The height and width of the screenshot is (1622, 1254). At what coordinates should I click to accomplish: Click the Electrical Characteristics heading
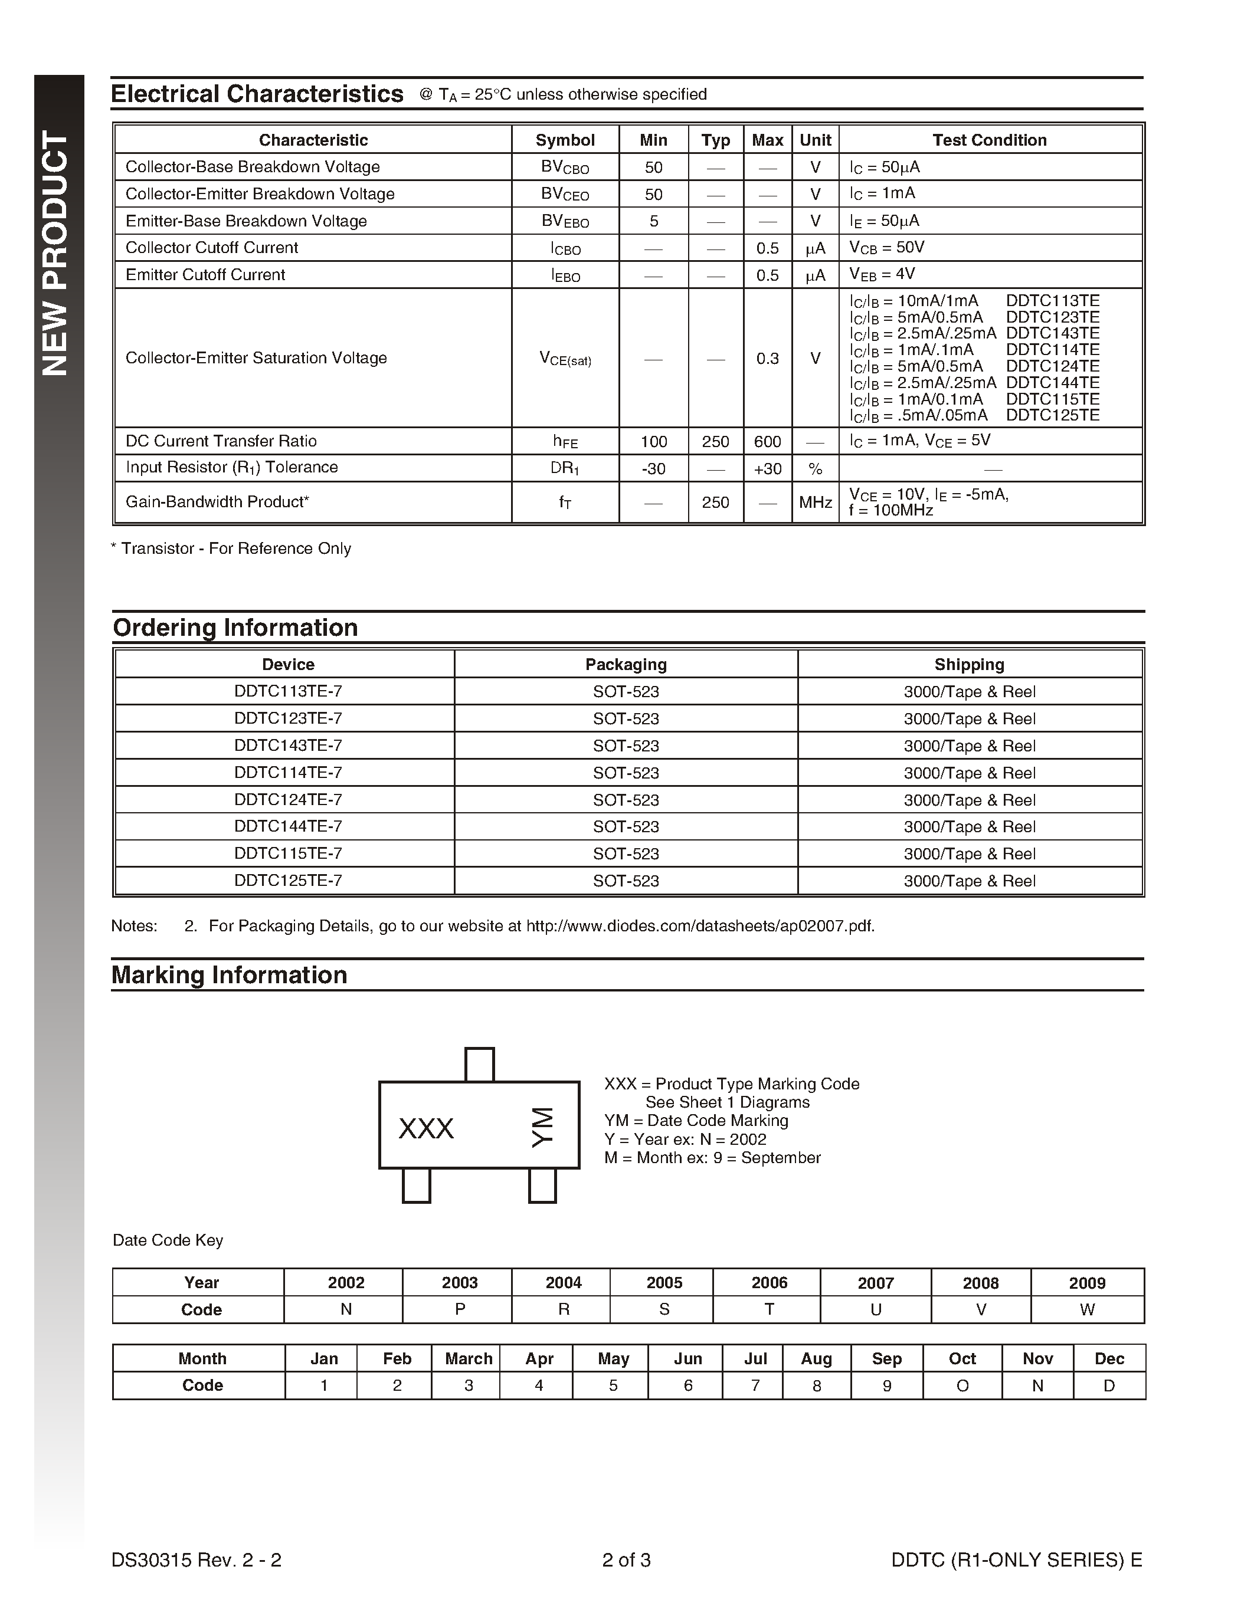[x=257, y=94]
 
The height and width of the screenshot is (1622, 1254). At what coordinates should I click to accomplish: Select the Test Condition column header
[x=990, y=140]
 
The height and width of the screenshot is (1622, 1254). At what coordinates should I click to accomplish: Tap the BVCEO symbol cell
[x=565, y=195]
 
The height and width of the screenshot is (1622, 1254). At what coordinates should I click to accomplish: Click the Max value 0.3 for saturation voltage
[x=767, y=359]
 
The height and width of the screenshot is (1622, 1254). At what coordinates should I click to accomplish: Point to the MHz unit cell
[x=815, y=503]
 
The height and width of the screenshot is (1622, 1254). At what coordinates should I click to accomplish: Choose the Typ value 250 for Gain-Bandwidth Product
[x=715, y=503]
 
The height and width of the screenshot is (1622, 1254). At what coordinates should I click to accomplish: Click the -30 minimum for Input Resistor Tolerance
[x=653, y=469]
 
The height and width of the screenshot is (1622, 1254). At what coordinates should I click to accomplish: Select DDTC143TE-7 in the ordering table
[x=288, y=746]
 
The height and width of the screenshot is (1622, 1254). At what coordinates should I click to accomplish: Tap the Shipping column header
[x=969, y=665]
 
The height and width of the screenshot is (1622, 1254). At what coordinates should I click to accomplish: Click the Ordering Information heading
[x=235, y=628]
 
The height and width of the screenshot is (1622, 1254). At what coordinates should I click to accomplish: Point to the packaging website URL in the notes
[x=700, y=926]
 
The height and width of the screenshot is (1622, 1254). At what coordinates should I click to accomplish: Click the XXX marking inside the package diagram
[x=425, y=1129]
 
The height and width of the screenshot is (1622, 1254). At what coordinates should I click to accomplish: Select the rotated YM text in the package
[x=543, y=1127]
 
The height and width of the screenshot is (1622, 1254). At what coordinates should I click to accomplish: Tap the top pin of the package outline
[x=479, y=1064]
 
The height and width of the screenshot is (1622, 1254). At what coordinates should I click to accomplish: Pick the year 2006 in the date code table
[x=769, y=1283]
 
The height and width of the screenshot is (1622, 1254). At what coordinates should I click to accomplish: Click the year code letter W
[x=1087, y=1310]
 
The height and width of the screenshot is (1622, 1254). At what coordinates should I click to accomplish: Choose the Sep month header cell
[x=886, y=1358]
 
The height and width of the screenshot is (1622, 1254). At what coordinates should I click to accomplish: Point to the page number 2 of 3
[x=626, y=1560]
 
